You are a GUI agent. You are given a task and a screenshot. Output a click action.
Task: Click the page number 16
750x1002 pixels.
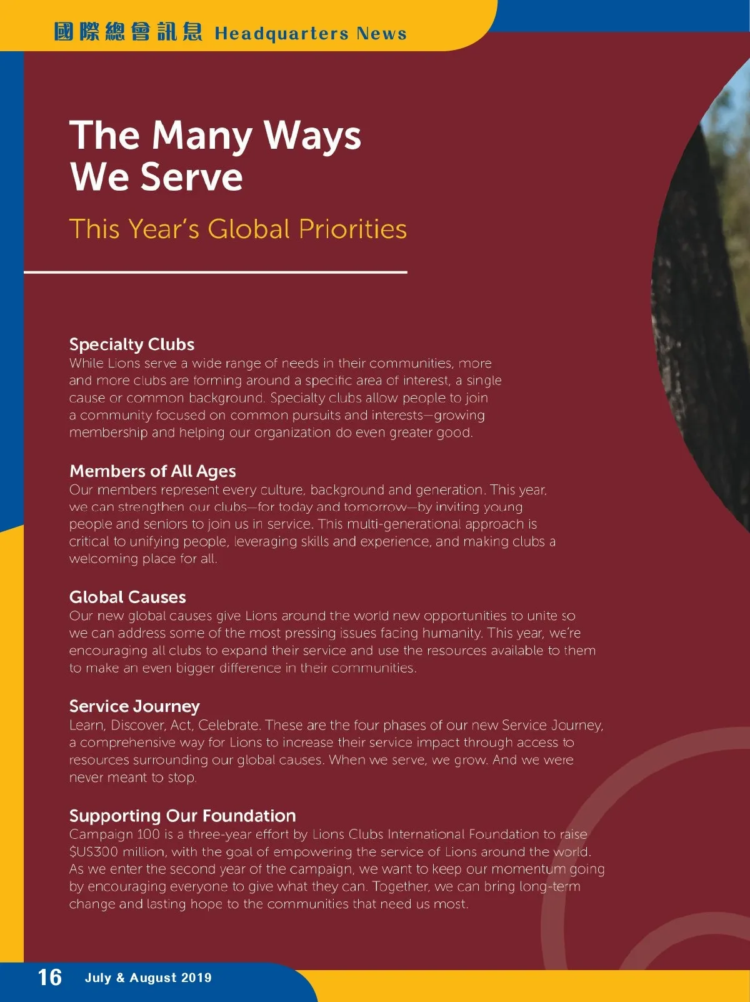tap(50, 977)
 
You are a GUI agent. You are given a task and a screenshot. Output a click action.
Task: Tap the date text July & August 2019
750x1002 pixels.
tap(148, 978)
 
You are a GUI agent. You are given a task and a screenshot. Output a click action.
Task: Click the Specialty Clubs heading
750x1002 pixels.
tap(132, 344)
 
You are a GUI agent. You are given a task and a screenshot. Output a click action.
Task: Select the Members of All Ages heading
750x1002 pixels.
tap(152, 471)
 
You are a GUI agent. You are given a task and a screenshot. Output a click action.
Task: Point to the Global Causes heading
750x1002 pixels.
tap(127, 597)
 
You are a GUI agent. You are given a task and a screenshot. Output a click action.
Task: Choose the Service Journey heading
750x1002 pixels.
tap(134, 706)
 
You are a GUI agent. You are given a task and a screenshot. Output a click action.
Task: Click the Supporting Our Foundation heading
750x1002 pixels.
tap(182, 816)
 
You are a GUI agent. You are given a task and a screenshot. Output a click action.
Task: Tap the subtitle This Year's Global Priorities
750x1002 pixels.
tap(237, 229)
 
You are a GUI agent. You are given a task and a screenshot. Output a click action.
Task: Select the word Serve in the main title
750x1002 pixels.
tap(191, 177)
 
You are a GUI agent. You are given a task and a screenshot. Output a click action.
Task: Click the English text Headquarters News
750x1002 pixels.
tap(311, 33)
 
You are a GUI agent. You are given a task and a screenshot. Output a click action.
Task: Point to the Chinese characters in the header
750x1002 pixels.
tap(128, 31)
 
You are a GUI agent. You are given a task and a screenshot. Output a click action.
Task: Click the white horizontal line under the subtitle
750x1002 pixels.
tap(216, 272)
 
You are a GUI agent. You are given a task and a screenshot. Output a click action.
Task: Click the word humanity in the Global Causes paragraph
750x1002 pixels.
tap(452, 633)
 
